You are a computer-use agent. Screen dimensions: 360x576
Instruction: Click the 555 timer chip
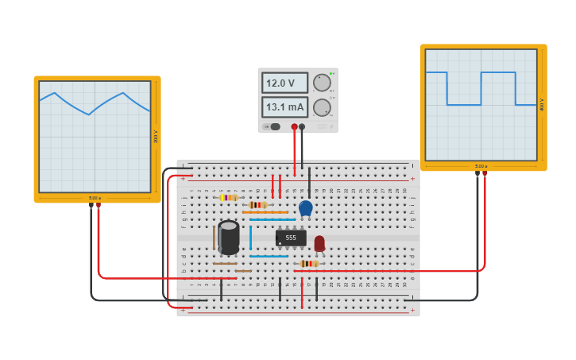coord(291,238)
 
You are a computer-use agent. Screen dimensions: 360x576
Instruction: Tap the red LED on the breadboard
coord(319,243)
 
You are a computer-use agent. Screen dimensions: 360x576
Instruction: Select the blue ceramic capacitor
coord(306,208)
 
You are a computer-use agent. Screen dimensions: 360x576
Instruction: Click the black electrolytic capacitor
coord(229,238)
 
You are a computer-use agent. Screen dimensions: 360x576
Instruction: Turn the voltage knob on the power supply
coord(322,83)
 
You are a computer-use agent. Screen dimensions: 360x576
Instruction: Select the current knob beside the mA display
coord(322,107)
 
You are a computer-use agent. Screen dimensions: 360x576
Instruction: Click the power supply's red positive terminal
coord(295,126)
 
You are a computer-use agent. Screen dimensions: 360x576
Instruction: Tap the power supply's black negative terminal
coord(302,126)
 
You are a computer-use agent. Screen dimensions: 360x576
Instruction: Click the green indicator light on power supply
coord(331,73)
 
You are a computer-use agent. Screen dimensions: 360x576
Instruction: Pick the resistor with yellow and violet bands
coord(229,198)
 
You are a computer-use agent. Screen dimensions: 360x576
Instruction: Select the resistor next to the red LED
coord(309,264)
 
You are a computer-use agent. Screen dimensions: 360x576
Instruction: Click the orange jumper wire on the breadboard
coord(265,212)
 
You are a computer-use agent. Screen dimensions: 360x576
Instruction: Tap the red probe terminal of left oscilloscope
coord(99,205)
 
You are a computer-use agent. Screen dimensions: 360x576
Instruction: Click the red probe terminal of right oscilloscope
coord(485,173)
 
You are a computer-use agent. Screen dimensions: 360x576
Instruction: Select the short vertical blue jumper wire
coord(250,238)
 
